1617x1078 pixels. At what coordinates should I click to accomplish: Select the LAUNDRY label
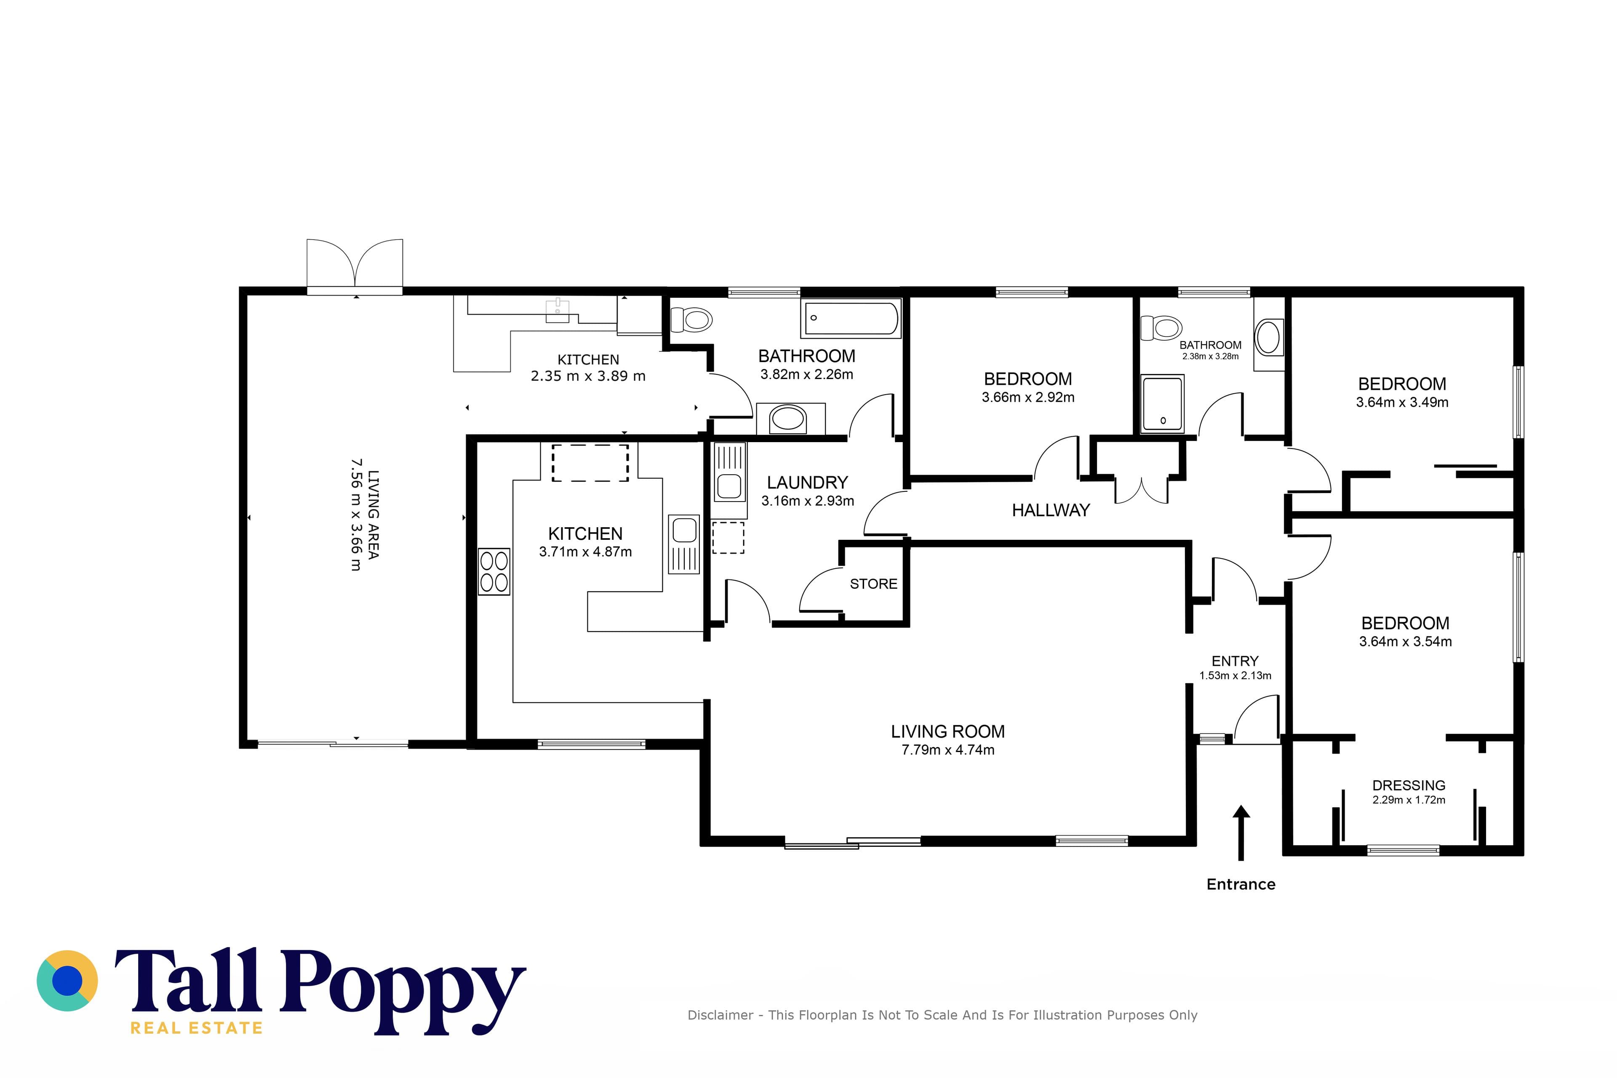click(x=807, y=483)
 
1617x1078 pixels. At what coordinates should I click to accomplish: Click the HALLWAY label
click(x=1051, y=510)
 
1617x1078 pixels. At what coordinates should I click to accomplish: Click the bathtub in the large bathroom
click(x=851, y=318)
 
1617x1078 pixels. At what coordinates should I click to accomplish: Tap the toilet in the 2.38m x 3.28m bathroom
click(x=1161, y=328)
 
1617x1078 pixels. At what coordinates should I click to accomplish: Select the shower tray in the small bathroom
click(x=1162, y=403)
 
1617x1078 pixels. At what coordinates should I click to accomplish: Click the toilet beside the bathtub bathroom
click(x=691, y=320)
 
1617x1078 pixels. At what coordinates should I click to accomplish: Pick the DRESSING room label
click(x=1409, y=785)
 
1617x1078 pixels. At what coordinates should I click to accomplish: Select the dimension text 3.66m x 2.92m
click(x=1028, y=398)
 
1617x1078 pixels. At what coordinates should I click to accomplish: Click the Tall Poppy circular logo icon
click(x=67, y=981)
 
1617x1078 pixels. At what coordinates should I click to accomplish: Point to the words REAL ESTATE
click(x=197, y=1028)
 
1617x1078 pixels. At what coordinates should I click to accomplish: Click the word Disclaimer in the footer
click(x=720, y=1015)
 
